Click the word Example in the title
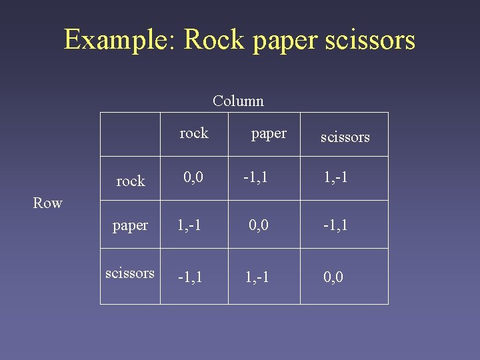pyautogui.click(x=119, y=40)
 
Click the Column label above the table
pyautogui.click(x=238, y=101)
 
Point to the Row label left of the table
pyautogui.click(x=47, y=203)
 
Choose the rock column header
pyautogui.click(x=194, y=133)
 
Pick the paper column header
pyautogui.click(x=269, y=133)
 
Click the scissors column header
pyautogui.click(x=345, y=137)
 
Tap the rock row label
pyautogui.click(x=130, y=181)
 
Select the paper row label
pyautogui.click(x=130, y=225)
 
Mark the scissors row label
pyautogui.click(x=130, y=273)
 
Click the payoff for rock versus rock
pyautogui.click(x=194, y=177)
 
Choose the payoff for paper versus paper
pyautogui.click(x=259, y=225)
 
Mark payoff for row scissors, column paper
pyautogui.click(x=257, y=276)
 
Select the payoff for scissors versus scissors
pyautogui.click(x=333, y=276)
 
